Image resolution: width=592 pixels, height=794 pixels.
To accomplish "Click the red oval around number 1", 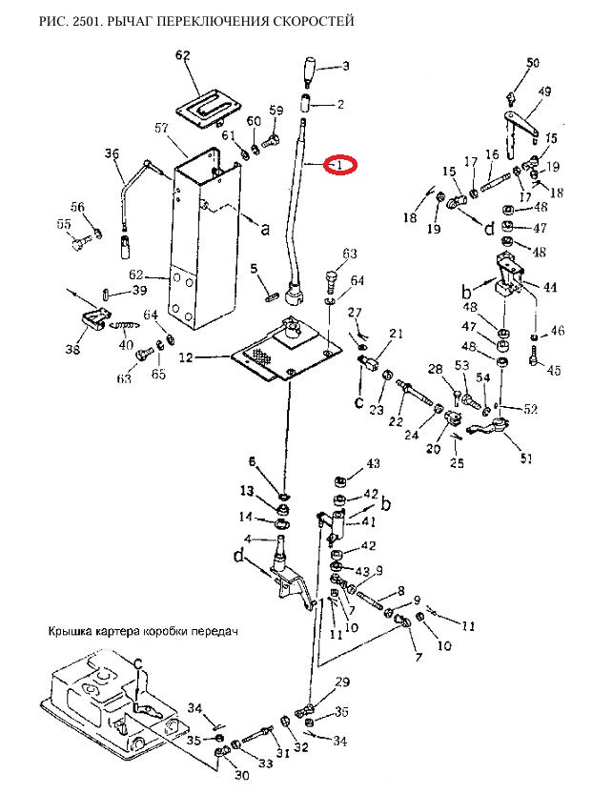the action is coord(341,165).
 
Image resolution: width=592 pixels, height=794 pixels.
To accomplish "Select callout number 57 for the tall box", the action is coord(161,129).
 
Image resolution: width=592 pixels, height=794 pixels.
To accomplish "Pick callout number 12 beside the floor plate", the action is coord(186,357).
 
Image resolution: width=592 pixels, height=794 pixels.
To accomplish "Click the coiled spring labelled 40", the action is coord(123,326).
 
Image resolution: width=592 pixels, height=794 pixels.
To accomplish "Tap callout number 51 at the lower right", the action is coord(526,458).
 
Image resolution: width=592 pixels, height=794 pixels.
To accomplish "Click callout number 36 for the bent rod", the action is coord(112,153).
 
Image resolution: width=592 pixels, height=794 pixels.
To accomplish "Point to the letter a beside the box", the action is coord(264,230).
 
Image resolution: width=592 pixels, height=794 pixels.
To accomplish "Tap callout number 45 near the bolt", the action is coord(554,370).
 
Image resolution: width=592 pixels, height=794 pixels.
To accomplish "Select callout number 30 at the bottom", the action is coord(242,775).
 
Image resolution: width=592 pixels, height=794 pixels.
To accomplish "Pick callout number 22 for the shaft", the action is coord(396,421).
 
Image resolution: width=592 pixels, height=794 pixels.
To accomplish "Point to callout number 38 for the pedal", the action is coord(72,349).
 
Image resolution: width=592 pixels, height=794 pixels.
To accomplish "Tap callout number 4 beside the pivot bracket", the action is coord(248,538).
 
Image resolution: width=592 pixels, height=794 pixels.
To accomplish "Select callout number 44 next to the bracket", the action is coord(550,287).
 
